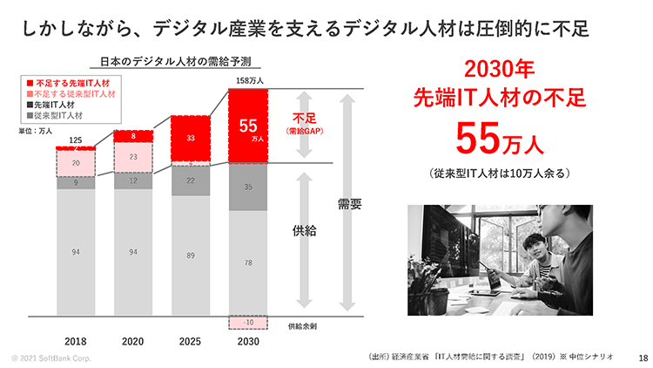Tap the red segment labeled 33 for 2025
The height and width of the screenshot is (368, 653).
click(191, 138)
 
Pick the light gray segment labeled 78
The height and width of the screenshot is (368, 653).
click(248, 262)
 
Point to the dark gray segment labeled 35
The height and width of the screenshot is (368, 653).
click(248, 187)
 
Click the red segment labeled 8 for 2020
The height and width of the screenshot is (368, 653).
click(133, 136)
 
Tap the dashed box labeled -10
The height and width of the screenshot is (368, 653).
click(248, 322)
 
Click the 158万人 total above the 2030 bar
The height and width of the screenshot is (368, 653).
click(248, 81)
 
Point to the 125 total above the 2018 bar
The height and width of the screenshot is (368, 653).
click(76, 140)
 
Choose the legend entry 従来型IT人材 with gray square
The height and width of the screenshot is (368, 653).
click(66, 114)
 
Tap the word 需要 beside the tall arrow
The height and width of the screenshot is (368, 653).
click(349, 204)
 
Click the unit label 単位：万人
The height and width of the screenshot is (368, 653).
click(35, 131)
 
